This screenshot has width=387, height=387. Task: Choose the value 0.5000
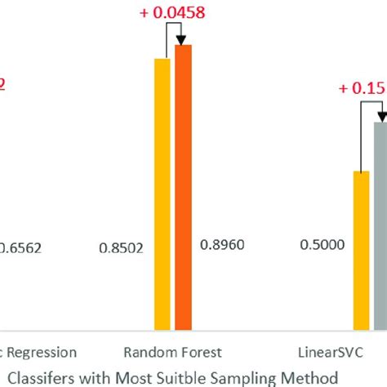point(322,244)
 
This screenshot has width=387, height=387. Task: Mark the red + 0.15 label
point(363,90)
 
